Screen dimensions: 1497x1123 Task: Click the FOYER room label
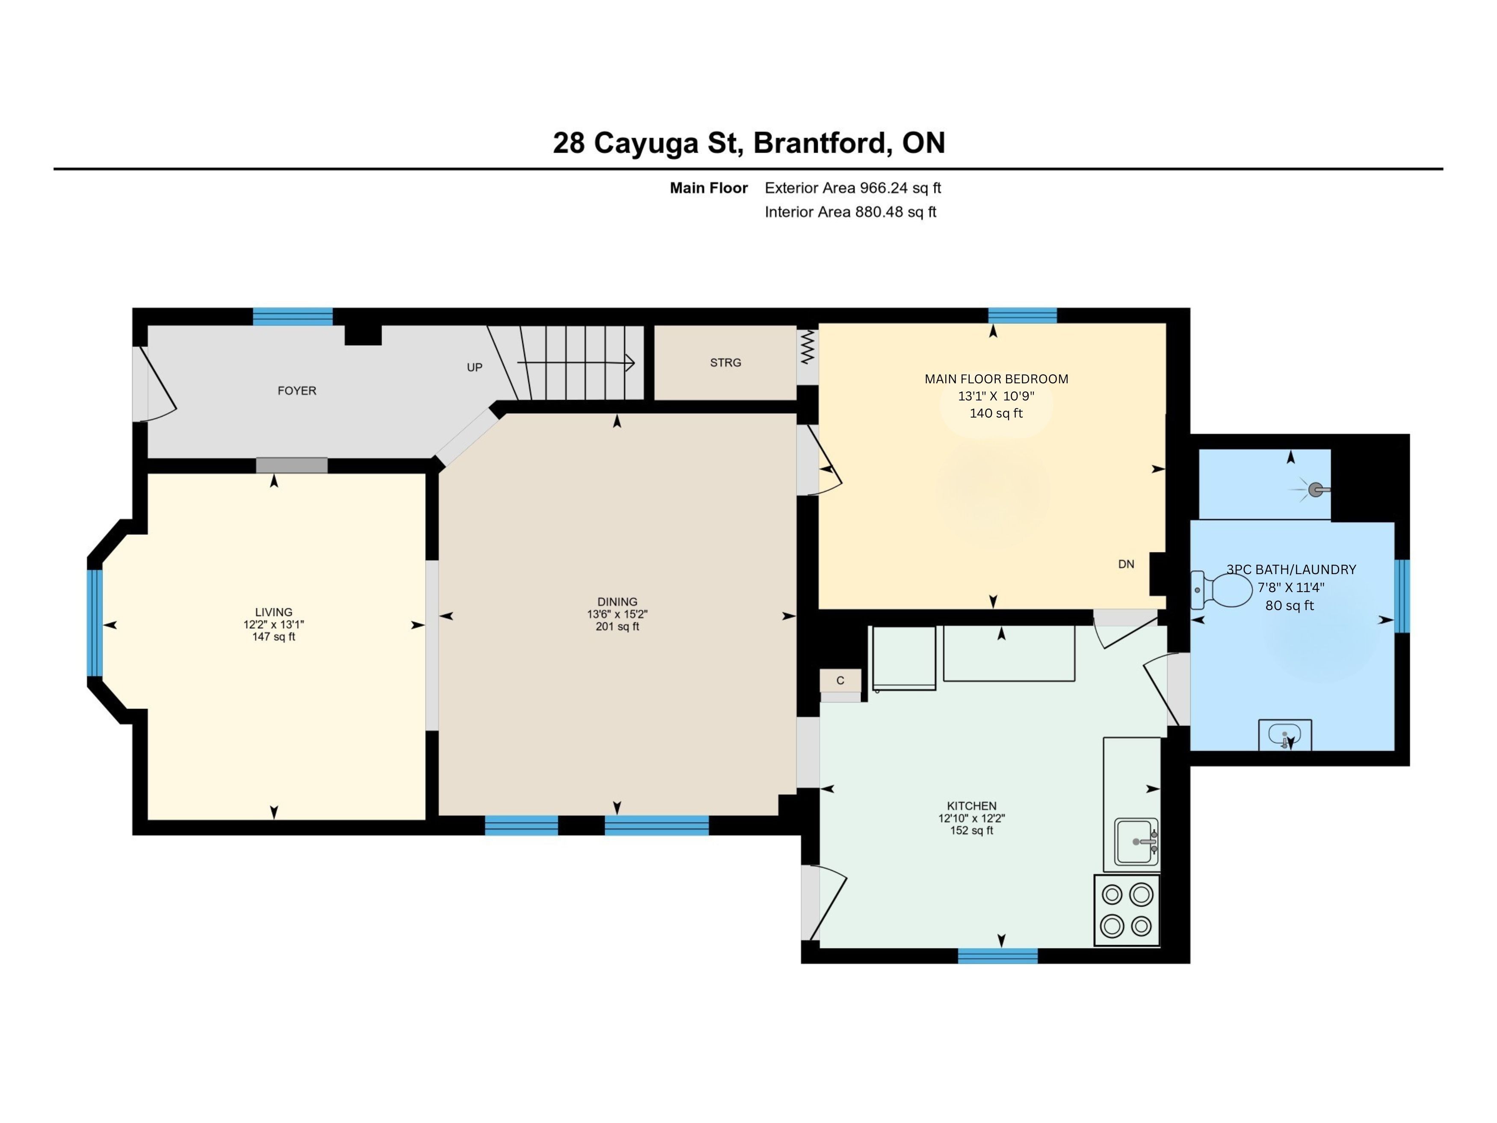click(x=296, y=391)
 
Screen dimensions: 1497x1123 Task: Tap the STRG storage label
click(x=725, y=363)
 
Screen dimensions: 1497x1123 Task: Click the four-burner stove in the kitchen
click(x=1127, y=910)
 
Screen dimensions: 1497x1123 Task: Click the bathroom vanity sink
click(x=1284, y=735)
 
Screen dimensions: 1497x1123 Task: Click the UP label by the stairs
click(x=474, y=367)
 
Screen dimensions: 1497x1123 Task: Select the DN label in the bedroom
click(x=1126, y=564)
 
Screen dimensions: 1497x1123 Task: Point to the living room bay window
click(x=95, y=623)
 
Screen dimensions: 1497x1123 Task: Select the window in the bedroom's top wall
click(x=1023, y=315)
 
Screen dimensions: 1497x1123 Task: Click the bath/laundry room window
click(x=1402, y=596)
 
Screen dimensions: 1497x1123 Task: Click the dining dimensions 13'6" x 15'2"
click(x=617, y=615)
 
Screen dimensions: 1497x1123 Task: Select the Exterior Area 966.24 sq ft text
click(x=853, y=188)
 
